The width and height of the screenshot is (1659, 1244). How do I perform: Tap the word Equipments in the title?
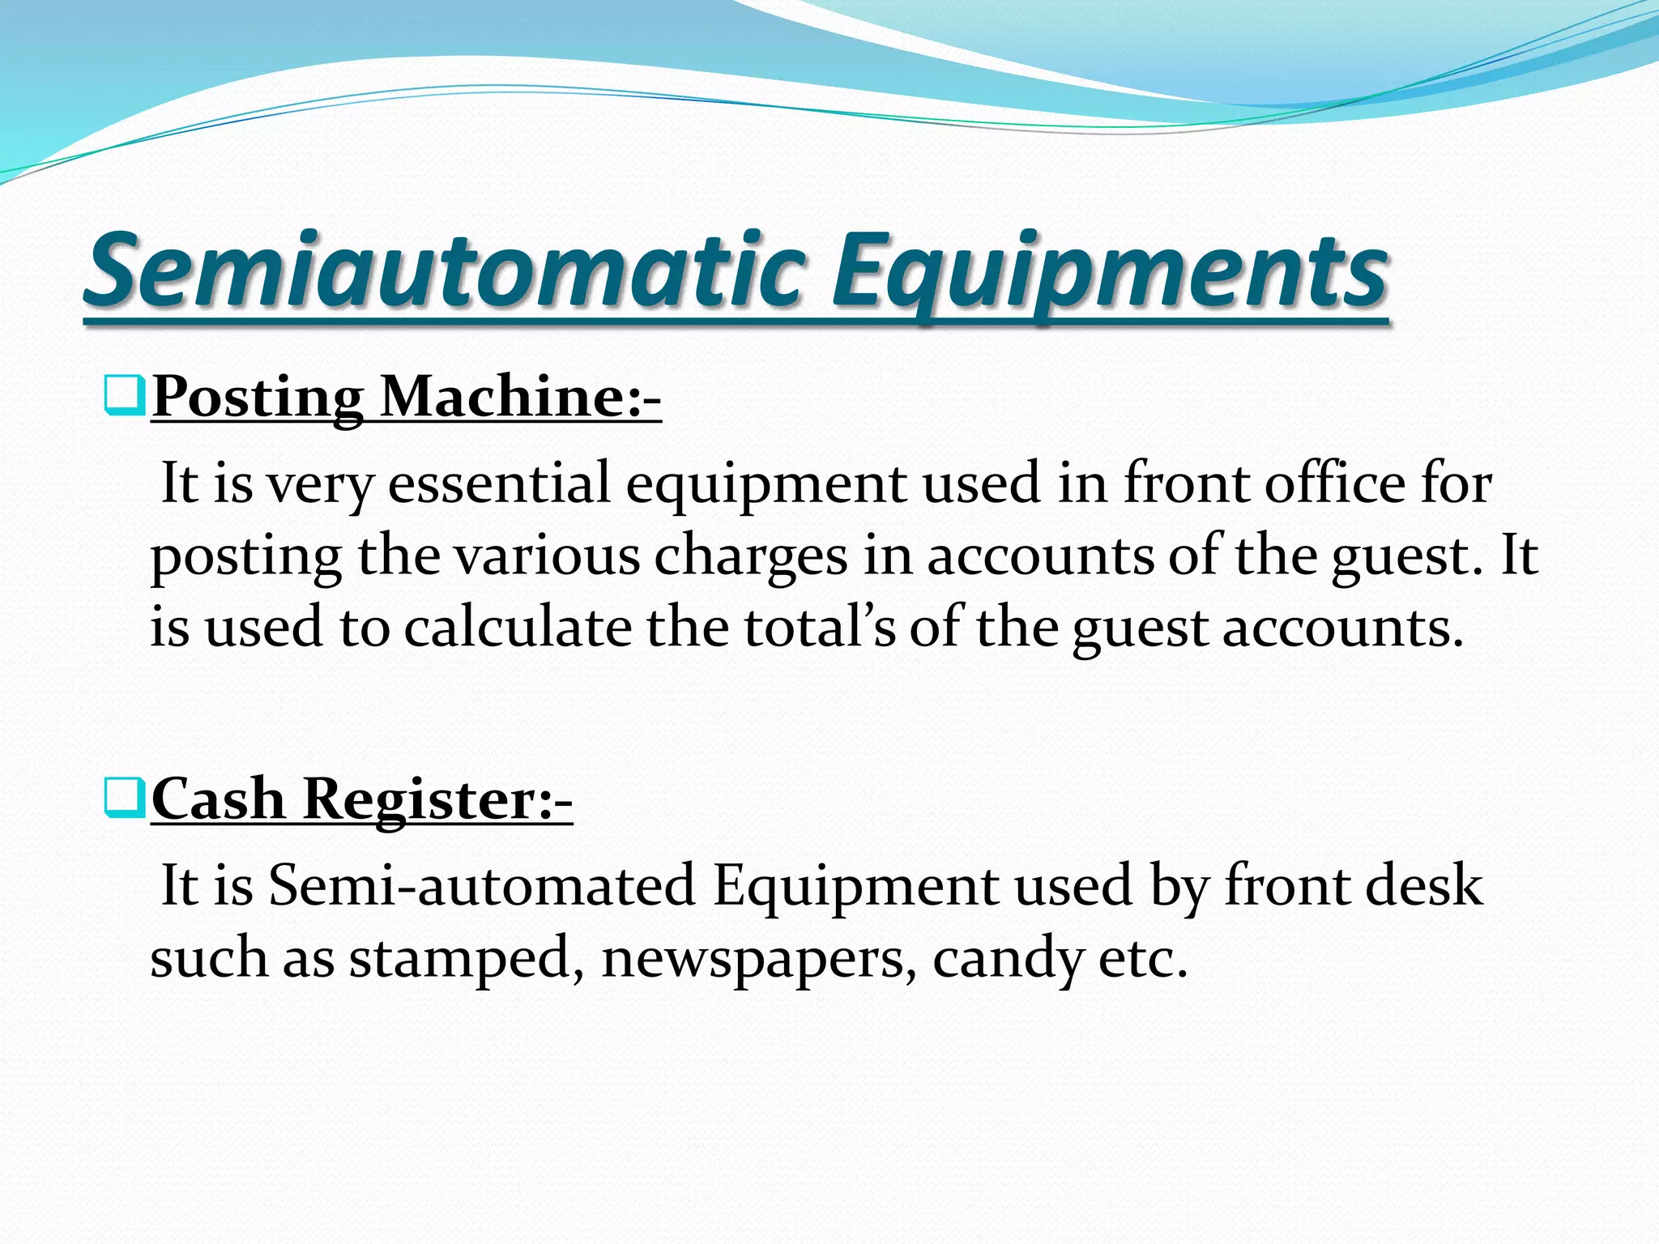pyautogui.click(x=1110, y=271)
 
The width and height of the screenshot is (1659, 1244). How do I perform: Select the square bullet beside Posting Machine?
pyautogui.click(x=125, y=396)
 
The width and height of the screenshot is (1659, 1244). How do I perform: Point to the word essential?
pyautogui.click(x=499, y=484)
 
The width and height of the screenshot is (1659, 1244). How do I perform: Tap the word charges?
pyautogui.click(x=751, y=557)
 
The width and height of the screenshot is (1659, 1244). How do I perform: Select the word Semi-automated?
pyautogui.click(x=482, y=884)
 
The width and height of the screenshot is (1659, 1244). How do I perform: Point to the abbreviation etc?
pyautogui.click(x=1142, y=958)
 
